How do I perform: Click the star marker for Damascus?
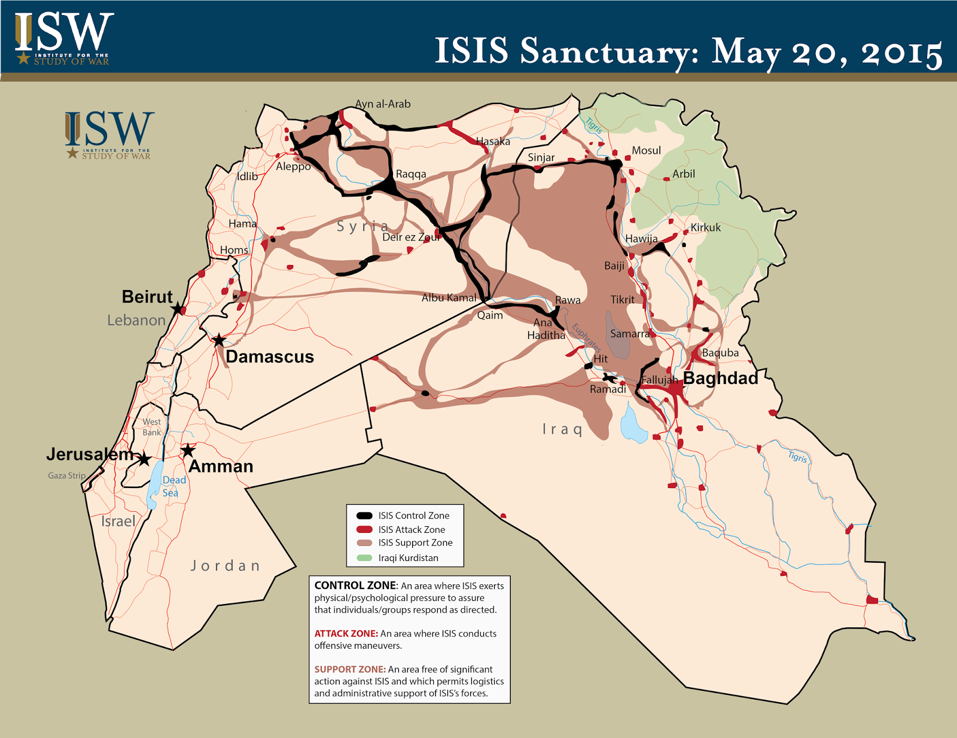[x=219, y=340]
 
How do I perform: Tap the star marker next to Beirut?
[x=177, y=309]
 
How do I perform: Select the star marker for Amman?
[x=188, y=450]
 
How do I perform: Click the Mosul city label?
[x=646, y=151]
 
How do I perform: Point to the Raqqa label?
[x=411, y=174]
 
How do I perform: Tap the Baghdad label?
[x=720, y=378]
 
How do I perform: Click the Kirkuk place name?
[x=705, y=227]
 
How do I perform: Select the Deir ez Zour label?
[x=412, y=237]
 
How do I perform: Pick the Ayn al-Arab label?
[x=383, y=104]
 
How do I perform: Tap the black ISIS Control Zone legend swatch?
[x=364, y=516]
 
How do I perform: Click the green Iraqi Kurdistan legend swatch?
[x=364, y=558]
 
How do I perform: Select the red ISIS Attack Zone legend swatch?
[x=364, y=530]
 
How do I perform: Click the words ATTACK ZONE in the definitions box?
[x=346, y=633]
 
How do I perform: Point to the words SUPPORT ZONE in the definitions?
[x=350, y=669]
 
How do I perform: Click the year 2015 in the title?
[x=902, y=53]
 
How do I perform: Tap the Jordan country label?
[x=225, y=566]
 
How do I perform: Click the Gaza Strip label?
[x=66, y=475]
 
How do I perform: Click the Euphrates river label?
[x=586, y=337]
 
